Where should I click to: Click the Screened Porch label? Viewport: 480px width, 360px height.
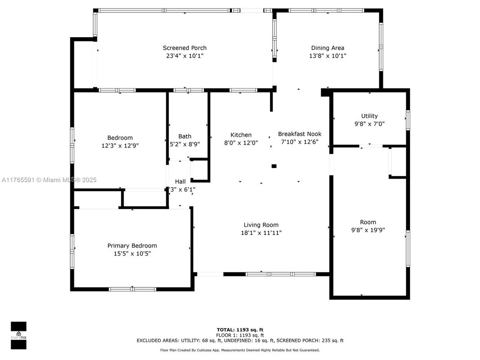184,48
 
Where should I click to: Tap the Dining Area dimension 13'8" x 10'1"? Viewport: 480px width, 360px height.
328,56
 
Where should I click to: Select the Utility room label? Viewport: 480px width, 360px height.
369,116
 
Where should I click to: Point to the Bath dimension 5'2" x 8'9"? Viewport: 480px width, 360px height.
184,144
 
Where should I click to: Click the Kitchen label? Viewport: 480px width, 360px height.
241,135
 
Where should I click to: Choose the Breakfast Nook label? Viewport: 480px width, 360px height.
300,134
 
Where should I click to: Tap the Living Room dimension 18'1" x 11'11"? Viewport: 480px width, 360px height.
261,233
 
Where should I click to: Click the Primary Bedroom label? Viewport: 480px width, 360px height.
132,245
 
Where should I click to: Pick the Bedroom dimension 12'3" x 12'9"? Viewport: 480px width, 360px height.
120,146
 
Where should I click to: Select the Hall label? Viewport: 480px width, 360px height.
180,181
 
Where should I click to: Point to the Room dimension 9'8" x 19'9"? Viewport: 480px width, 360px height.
368,230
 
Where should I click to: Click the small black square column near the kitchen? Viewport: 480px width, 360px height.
274,167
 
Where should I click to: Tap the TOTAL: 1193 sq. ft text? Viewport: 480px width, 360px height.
240,330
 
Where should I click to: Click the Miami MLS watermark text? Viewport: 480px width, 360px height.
49,180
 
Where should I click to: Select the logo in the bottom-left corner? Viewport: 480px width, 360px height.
18,335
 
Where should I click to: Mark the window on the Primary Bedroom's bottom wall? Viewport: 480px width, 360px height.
133,289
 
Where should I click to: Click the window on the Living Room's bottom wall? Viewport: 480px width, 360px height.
274,274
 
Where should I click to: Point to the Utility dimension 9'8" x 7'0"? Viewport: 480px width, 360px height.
369,124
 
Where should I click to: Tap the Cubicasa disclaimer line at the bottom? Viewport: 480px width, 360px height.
240,350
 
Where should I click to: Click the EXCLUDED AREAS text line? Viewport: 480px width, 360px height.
240,341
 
